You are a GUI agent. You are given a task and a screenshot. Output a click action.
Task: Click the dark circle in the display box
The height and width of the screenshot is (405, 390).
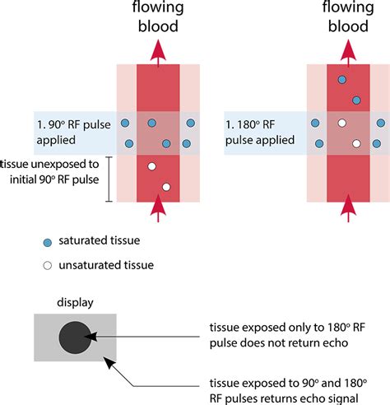pos(75,337)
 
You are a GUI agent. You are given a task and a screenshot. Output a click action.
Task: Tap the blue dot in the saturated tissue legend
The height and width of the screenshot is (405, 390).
pos(48,243)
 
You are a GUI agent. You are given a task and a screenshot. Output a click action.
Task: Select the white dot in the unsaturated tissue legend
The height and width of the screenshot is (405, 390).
pos(48,266)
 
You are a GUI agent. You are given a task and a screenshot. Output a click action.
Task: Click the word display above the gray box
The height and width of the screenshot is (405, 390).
pos(75,303)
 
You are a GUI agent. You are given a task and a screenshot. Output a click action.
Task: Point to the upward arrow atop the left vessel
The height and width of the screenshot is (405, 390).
pos(158,53)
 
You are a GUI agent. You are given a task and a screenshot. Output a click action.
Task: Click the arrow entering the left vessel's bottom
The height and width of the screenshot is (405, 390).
pos(158,208)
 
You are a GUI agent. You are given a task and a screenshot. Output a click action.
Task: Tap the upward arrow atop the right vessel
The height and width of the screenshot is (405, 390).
pos(348,53)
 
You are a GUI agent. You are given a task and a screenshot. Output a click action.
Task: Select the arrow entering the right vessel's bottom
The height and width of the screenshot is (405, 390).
pos(348,208)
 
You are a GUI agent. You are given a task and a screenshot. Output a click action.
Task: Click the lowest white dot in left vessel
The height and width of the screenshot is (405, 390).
pos(166,187)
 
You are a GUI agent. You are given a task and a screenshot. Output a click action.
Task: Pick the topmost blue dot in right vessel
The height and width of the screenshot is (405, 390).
pos(342,80)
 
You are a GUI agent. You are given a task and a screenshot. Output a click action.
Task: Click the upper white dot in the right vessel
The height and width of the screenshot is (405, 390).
pos(341,123)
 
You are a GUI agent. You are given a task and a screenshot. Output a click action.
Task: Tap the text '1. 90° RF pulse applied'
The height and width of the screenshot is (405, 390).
pos(73,133)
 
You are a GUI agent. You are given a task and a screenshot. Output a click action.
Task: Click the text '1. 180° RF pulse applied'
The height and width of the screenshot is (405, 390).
pos(260,133)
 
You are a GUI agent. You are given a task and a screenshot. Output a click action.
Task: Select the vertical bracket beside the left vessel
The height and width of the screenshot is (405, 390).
pos(109,179)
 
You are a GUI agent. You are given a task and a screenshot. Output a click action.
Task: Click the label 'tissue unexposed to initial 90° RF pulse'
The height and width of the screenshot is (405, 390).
pos(49,172)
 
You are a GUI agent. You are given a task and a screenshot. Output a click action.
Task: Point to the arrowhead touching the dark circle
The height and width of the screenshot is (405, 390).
pos(91,337)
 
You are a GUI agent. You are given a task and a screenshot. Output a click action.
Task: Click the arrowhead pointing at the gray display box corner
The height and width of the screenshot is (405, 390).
pos(109,362)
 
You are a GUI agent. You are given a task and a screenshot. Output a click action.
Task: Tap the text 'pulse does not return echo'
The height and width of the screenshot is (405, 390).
pos(279,343)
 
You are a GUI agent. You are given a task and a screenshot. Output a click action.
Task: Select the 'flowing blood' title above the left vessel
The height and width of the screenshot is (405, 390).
pos(158,16)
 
